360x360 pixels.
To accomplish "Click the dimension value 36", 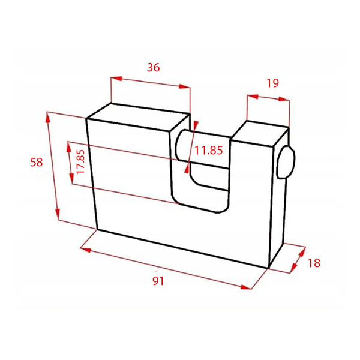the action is tap(153, 67).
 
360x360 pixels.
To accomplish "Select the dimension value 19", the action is tap(272, 83).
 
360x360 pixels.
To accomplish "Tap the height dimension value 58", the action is tap(36, 162).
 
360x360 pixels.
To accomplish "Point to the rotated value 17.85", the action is tap(80, 161).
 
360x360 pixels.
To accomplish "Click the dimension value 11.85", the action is tap(208, 151).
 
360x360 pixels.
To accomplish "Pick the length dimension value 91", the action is tap(158, 281).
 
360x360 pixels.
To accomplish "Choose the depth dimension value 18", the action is tap(314, 263).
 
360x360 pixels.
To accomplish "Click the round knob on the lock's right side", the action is tap(286, 162).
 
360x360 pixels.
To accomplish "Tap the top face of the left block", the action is tap(139, 118).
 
